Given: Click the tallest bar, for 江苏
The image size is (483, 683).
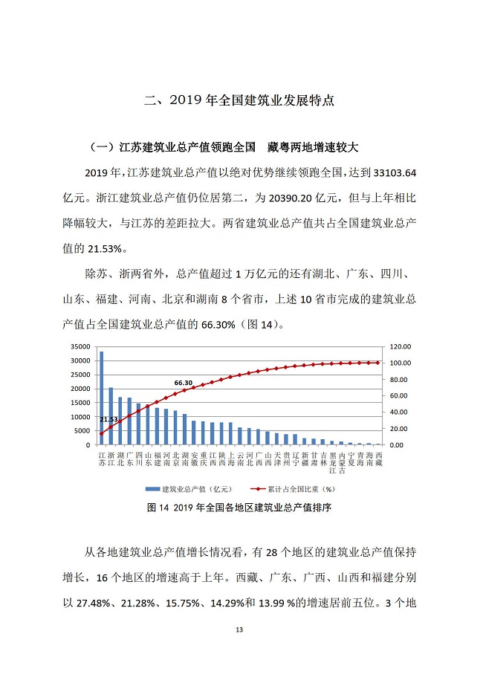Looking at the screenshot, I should point(102,398).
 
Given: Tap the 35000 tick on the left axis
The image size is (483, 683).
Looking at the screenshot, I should point(80,347).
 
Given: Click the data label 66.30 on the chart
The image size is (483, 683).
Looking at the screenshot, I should point(183,383).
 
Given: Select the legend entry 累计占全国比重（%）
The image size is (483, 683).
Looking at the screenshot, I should point(302,489).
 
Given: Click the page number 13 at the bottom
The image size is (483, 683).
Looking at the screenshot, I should point(239,630).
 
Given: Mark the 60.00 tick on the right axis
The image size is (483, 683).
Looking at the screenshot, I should point(395,396).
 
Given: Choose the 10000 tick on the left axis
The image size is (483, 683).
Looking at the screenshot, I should point(80,417).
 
